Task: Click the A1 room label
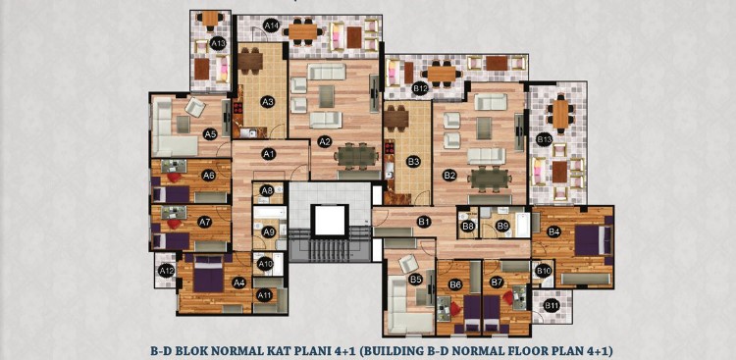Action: point(268,153)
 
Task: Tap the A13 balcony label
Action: point(218,44)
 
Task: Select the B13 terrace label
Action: point(544,140)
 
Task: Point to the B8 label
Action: point(468,227)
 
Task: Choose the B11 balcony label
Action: point(552,306)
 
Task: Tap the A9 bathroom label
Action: point(269,231)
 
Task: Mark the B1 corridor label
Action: point(424,221)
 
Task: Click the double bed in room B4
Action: point(594,240)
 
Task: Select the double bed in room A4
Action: point(208,276)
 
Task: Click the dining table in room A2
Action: point(357,157)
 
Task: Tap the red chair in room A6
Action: point(175,178)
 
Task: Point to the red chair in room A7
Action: point(175,224)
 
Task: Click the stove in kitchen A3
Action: point(238,108)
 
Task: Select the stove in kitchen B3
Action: point(390,149)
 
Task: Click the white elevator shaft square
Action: point(330,221)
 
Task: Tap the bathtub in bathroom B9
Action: point(522,226)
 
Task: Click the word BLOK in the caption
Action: point(202,350)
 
